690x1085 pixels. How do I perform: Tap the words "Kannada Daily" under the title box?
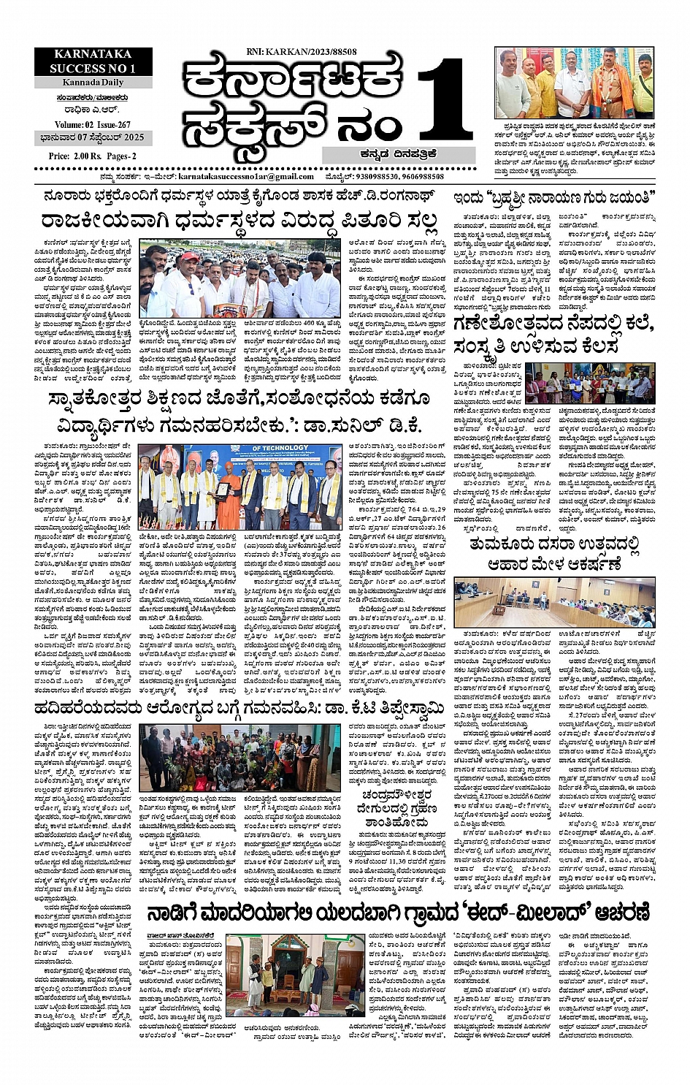93,83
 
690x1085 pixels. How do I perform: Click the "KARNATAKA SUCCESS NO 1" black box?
93,61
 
